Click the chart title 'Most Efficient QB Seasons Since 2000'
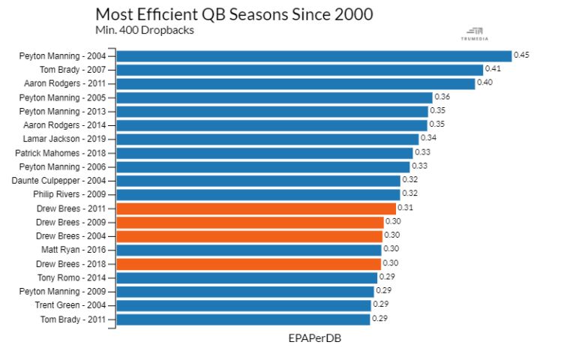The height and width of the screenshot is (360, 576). click(234, 14)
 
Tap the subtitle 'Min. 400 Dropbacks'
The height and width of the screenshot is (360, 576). click(144, 30)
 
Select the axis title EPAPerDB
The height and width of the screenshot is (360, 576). click(314, 338)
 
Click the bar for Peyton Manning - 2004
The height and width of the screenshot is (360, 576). click(313, 55)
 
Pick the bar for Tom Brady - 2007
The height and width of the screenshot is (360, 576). click(299, 70)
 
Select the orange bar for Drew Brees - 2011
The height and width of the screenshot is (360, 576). click(256, 208)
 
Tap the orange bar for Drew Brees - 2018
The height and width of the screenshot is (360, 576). click(249, 264)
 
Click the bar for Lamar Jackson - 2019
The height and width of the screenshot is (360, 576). click(267, 139)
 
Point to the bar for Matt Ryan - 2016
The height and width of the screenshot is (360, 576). click(249, 250)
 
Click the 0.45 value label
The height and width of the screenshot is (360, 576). click(522, 55)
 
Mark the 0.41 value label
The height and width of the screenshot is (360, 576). click(493, 69)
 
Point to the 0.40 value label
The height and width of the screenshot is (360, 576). click(485, 82)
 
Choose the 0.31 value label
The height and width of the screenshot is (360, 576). click(406, 208)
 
